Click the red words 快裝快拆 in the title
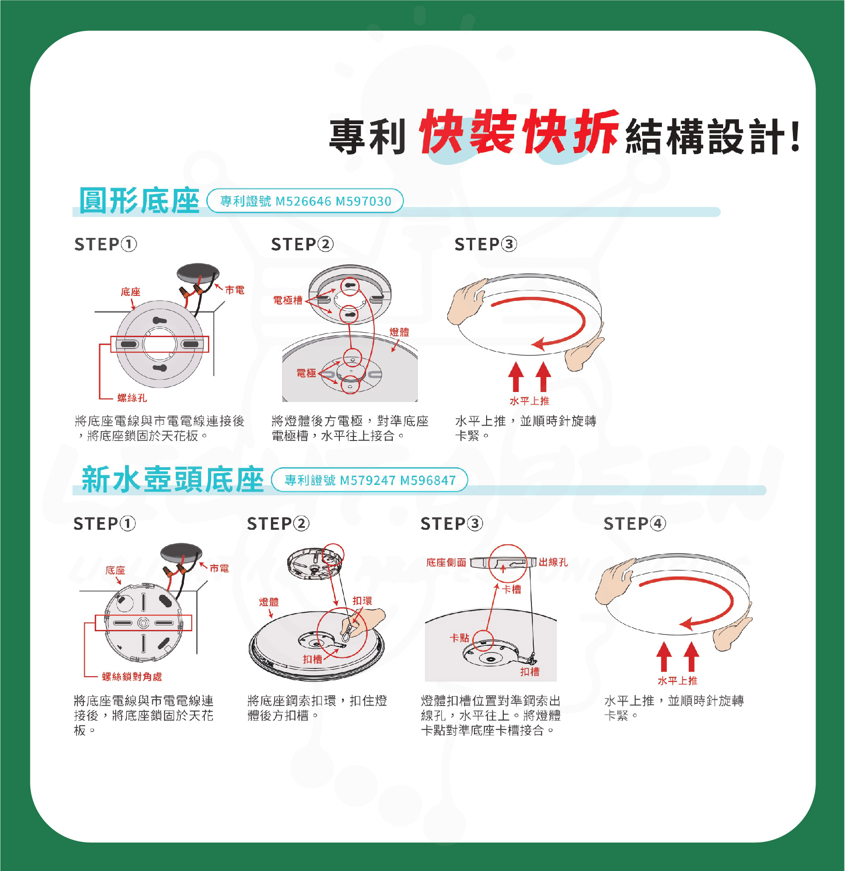(519, 132)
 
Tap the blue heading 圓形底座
(140, 201)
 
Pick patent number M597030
(363, 201)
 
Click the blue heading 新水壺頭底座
(173, 479)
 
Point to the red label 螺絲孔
(132, 398)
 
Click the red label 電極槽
(288, 300)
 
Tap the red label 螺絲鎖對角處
(132, 677)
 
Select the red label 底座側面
(446, 562)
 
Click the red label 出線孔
(553, 562)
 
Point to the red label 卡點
(459, 638)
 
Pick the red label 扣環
(362, 601)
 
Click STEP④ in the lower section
(635, 524)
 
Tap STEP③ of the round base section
(486, 244)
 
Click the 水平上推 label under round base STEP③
(529, 401)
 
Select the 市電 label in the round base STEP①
(235, 290)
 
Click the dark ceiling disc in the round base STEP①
(198, 273)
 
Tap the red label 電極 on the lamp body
(306, 373)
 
